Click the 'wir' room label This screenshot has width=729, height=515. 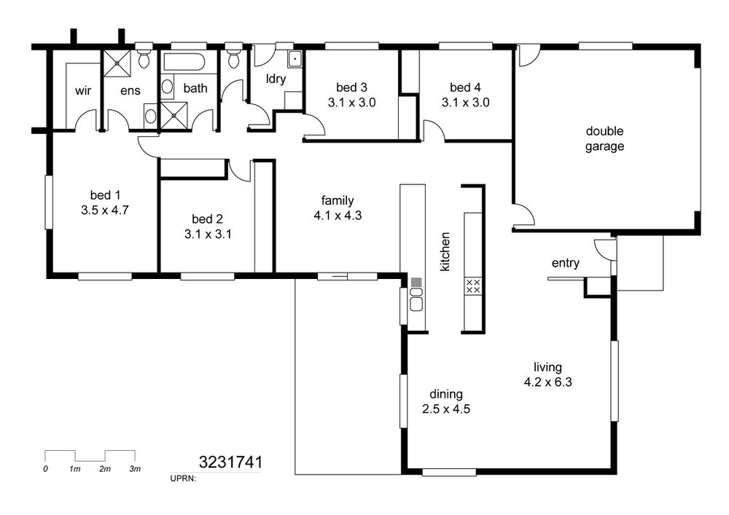tap(83, 90)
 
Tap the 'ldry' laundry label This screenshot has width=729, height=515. tap(276, 79)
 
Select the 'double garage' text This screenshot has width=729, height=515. tap(604, 138)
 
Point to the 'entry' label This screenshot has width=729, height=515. tap(566, 263)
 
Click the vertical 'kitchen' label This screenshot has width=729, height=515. tap(445, 252)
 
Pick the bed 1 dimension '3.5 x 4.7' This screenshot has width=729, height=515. tap(104, 211)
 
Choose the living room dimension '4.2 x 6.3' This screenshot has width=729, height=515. tap(547, 382)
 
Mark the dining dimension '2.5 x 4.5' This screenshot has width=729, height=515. tap(446, 409)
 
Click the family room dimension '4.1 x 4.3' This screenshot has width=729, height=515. tap(338, 216)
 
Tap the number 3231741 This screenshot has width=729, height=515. tap(230, 462)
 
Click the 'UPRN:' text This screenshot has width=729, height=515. tap(184, 478)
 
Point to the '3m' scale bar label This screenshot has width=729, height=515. tap(135, 469)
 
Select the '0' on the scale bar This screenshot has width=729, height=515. tap(45, 469)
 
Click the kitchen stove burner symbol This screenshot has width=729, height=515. tap(473, 286)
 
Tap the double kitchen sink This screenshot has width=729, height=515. tap(416, 299)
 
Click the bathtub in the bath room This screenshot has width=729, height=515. tap(183, 63)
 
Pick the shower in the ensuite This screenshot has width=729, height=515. tap(117, 63)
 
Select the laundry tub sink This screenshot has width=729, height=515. tap(295, 59)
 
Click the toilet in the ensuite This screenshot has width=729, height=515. tap(144, 56)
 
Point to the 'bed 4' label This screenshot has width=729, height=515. tap(465, 87)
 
